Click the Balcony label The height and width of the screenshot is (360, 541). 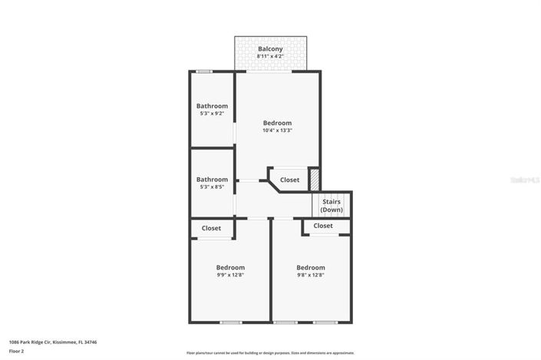pyautogui.click(x=270, y=48)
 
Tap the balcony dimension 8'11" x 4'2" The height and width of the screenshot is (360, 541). pyautogui.click(x=270, y=56)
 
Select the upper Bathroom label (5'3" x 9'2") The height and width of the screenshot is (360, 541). pyautogui.click(x=212, y=106)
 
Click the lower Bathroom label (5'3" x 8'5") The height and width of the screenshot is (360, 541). pyautogui.click(x=212, y=180)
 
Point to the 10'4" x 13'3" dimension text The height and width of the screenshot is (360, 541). pyautogui.click(x=277, y=130)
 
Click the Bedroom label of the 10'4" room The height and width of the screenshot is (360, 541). pyautogui.click(x=277, y=123)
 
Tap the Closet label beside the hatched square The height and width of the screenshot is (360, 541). pyautogui.click(x=289, y=180)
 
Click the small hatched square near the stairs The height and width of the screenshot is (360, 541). pyautogui.click(x=314, y=178)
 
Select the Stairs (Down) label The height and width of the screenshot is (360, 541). pyautogui.click(x=332, y=206)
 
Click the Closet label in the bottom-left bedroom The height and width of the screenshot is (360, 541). pyautogui.click(x=211, y=228)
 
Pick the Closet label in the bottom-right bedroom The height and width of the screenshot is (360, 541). pyautogui.click(x=323, y=226)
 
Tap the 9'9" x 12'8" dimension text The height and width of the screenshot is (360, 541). pyautogui.click(x=230, y=275)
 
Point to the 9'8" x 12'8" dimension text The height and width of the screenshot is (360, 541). pyautogui.click(x=311, y=275)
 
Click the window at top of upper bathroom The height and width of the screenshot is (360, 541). pyautogui.click(x=203, y=71)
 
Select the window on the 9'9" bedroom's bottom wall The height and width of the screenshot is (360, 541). pyautogui.click(x=230, y=322)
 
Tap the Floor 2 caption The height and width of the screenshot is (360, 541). pyautogui.click(x=16, y=351)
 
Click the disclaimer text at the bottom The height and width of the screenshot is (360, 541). pyautogui.click(x=270, y=353)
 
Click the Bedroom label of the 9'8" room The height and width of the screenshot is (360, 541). pyautogui.click(x=311, y=267)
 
